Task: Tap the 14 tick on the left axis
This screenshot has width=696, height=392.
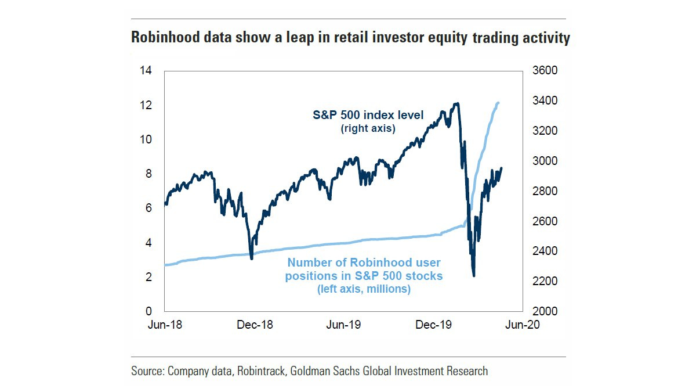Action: point(146,71)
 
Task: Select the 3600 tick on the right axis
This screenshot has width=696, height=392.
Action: point(544,71)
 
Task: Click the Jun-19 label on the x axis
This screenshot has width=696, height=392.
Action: point(343,325)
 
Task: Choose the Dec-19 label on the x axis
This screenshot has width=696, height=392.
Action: point(433,325)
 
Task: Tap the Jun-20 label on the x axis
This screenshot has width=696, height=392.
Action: point(522,325)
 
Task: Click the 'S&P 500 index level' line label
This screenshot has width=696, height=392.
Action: point(368,115)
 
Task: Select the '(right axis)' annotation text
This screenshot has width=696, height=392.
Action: point(368,128)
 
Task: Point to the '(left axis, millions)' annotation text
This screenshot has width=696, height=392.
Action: point(364,289)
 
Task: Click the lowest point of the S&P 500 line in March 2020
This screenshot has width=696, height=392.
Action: point(474,275)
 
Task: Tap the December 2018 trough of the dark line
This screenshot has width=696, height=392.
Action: point(251,258)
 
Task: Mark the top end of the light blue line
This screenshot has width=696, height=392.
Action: point(498,103)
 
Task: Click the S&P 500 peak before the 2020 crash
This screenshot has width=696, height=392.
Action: point(457,104)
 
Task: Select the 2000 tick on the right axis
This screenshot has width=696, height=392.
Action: point(544,312)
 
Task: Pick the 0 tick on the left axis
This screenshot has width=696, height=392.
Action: point(149,312)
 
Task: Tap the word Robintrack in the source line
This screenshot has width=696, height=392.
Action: point(259,371)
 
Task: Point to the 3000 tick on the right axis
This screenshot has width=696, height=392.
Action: point(544,161)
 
